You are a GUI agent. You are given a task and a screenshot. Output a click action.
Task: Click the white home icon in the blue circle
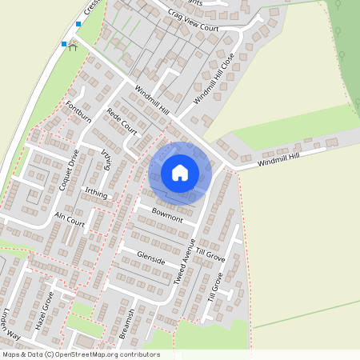180,171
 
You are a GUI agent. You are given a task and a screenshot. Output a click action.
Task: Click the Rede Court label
122,122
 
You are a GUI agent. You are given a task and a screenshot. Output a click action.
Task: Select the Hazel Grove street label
44,311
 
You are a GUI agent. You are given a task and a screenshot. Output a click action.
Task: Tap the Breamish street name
126,325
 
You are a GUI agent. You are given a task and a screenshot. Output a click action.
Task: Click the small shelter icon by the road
73,46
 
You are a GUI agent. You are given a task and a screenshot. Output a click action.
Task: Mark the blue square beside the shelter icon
64,44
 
